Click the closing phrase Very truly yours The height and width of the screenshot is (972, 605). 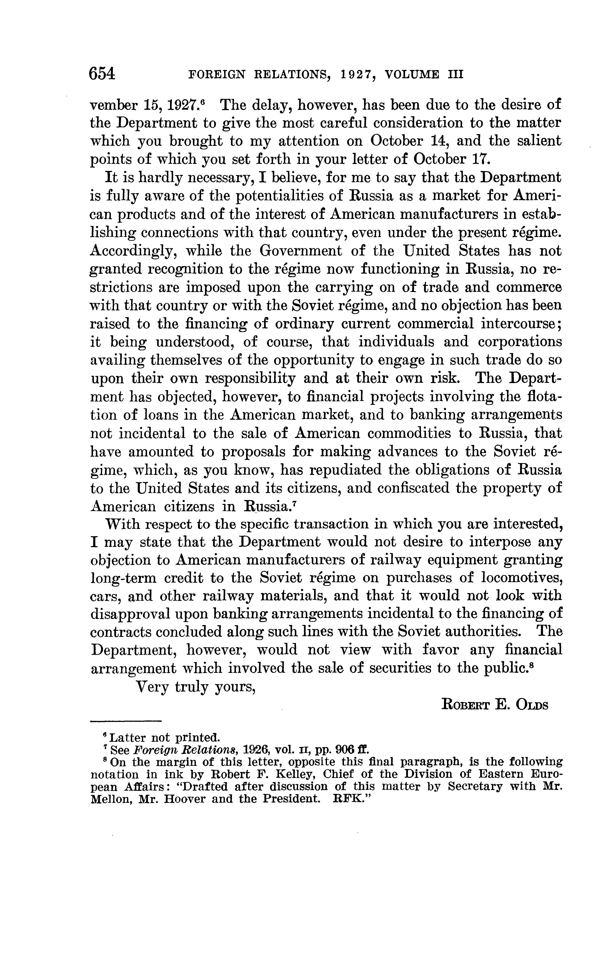tap(196, 687)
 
